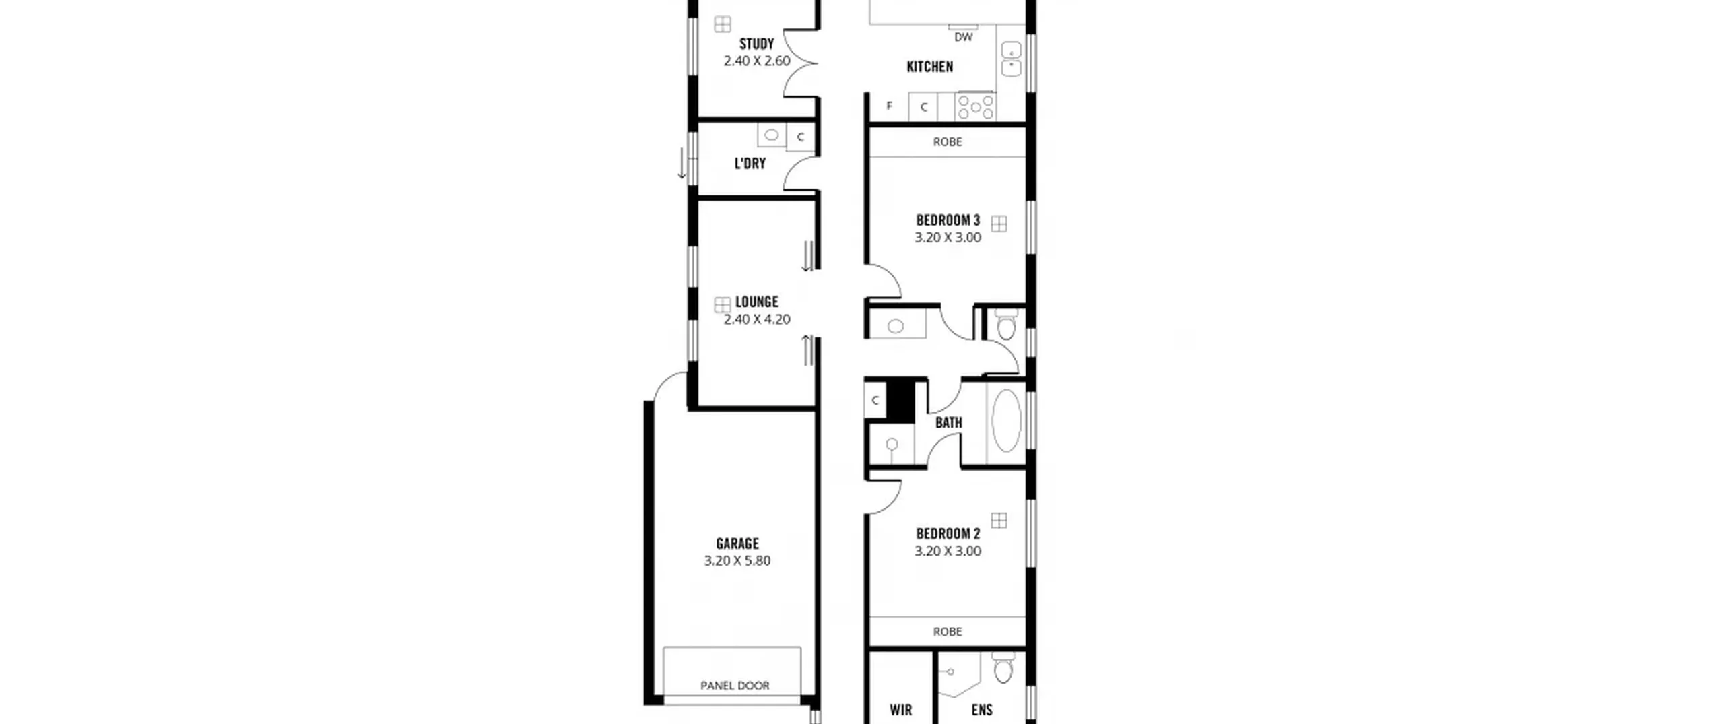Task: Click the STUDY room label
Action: click(756, 44)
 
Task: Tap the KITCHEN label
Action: click(929, 67)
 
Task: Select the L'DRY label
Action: click(750, 163)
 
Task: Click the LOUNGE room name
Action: click(756, 302)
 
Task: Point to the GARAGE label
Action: click(737, 544)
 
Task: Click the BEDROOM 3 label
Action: click(948, 220)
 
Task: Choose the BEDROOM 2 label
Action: click(948, 534)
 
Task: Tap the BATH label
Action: click(948, 423)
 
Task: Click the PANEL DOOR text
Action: click(735, 686)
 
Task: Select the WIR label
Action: click(900, 710)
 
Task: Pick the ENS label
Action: click(982, 710)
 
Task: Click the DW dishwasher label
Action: click(963, 37)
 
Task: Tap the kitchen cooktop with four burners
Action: click(976, 106)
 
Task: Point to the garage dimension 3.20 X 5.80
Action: click(737, 560)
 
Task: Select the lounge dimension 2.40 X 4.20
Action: click(756, 319)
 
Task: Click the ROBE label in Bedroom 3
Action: click(947, 142)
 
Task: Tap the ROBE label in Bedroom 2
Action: click(947, 632)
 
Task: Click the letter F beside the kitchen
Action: click(889, 106)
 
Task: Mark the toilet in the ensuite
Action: click(1002, 667)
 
